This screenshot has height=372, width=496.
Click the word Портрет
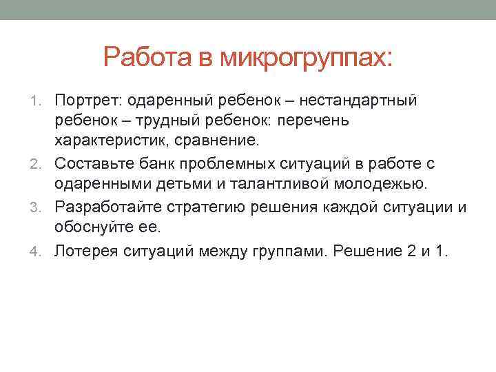coord(87,101)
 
